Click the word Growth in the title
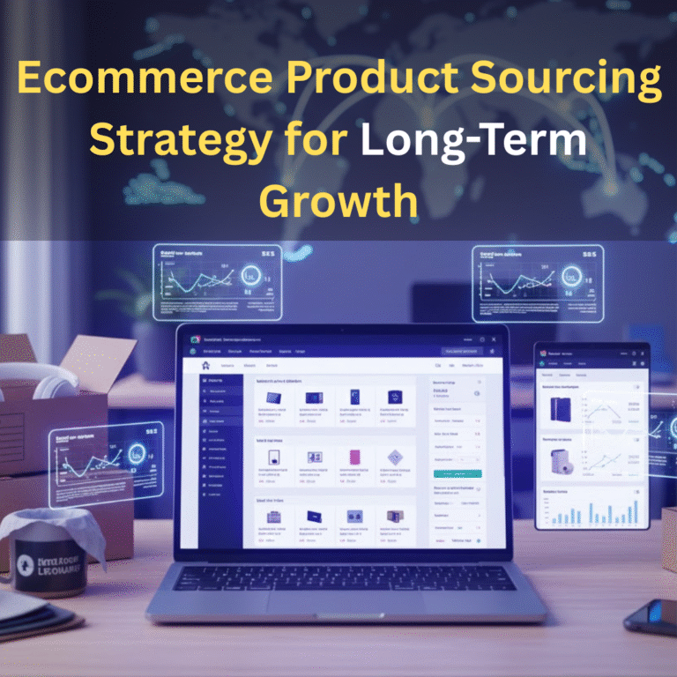338,200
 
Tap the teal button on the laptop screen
458,473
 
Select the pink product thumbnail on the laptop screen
355,457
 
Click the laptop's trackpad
337,610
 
